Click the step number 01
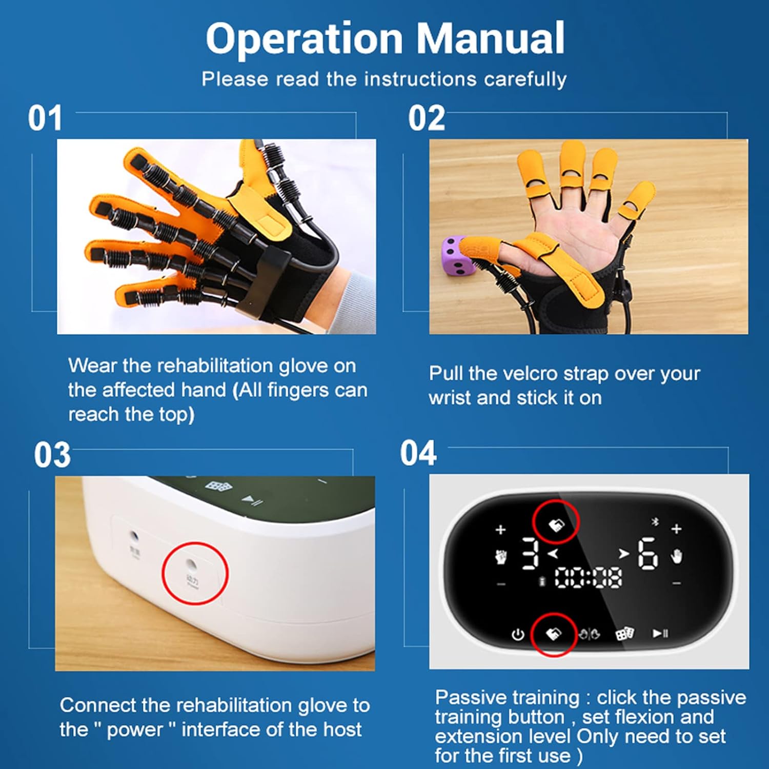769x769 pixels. pos(45,118)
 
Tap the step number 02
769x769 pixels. pos(427,118)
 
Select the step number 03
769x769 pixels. pos(52,455)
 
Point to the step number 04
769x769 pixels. pos(418,453)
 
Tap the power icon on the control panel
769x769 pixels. pos(518,635)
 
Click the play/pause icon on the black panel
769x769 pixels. pos(660,634)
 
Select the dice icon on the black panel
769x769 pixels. pos(624,634)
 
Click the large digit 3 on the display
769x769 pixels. pos(530,554)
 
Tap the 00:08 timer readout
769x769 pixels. pos(589,578)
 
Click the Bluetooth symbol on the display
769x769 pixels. pos(654,522)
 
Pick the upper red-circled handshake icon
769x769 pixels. pos(556,524)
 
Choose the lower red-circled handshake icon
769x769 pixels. pos(553,634)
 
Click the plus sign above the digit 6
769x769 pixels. pos(676,529)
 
